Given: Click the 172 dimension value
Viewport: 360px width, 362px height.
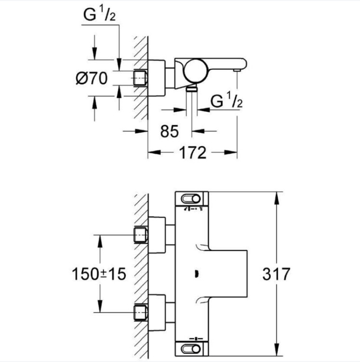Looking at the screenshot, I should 193,153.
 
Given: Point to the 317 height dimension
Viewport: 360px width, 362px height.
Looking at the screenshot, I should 276,274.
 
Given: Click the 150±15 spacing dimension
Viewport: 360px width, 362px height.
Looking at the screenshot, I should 99,274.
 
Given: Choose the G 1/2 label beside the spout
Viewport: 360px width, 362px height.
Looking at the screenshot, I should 226,102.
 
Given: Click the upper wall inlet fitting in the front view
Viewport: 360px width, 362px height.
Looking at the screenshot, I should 140,234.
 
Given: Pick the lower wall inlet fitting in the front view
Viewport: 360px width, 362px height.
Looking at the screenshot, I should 140,312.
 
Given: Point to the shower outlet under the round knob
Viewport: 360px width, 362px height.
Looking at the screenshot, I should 192,89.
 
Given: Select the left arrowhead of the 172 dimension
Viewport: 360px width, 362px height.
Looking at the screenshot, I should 151,153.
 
